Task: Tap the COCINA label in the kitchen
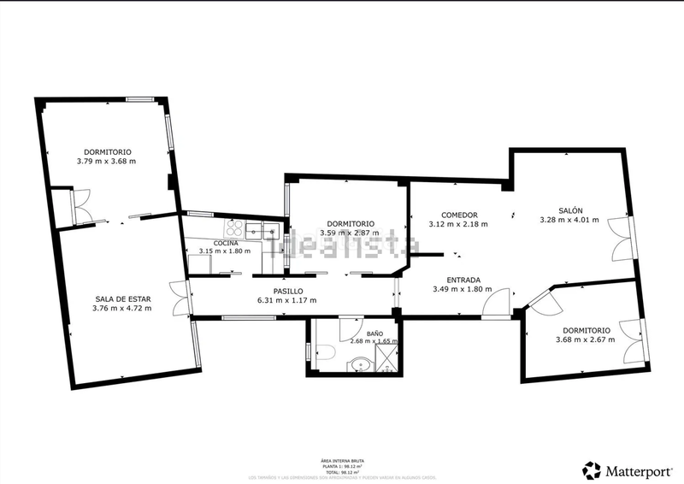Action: pos(226,243)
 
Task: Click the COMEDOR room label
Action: pos(458,215)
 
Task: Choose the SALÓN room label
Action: pos(571,210)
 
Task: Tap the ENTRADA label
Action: pos(463,280)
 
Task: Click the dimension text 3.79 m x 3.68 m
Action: pos(106,161)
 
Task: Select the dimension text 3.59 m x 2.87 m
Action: pos(351,233)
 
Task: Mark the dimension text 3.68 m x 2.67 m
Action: pos(586,339)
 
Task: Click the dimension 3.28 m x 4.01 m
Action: pos(570,220)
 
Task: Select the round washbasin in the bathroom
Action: pos(362,366)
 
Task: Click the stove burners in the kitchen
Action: pos(233,228)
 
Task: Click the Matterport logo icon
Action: pos(591,469)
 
